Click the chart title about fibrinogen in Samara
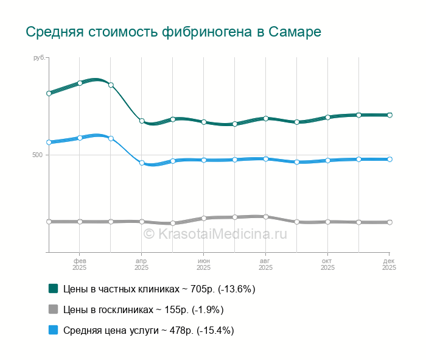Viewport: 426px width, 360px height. pyautogui.click(x=173, y=32)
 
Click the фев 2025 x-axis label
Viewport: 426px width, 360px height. pyautogui.click(x=80, y=264)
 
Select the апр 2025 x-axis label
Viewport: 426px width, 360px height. pyautogui.click(x=141, y=264)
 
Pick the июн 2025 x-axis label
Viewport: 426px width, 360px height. pyautogui.click(x=204, y=264)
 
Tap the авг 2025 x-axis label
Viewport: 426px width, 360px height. pyautogui.click(x=265, y=264)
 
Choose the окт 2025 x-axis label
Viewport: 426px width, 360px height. pyautogui.click(x=327, y=264)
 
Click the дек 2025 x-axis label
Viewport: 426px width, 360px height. pyautogui.click(x=388, y=264)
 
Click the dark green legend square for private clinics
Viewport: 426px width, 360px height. pyautogui.click(x=53, y=288)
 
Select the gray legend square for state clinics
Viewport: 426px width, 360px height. pyautogui.click(x=53, y=309)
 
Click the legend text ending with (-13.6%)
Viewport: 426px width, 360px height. pyautogui.click(x=159, y=289)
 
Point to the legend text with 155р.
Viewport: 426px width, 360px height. pyautogui.click(x=144, y=309)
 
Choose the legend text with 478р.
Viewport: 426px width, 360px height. pyautogui.click(x=148, y=330)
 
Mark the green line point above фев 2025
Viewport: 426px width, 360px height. pyautogui.click(x=80, y=83)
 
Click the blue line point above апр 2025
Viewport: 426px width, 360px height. pyautogui.click(x=142, y=163)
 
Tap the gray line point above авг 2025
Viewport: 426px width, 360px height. pyautogui.click(x=266, y=216)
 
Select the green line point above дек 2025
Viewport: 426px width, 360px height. pyautogui.click(x=389, y=115)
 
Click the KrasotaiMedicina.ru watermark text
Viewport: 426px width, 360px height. pyautogui.click(x=215, y=233)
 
